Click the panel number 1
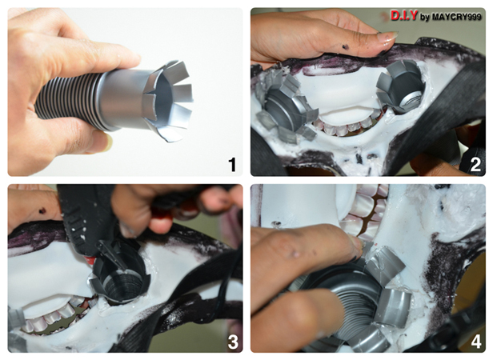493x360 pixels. tap(232, 165)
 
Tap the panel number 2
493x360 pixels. tap(475, 165)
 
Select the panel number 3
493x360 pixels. tap(233, 342)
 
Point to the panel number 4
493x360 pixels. tap(475, 342)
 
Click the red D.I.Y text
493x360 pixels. tap(404, 15)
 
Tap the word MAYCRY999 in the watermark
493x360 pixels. tap(456, 16)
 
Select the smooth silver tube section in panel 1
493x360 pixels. tap(123, 100)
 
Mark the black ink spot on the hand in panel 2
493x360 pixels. tap(346, 47)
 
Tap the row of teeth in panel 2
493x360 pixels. tap(349, 124)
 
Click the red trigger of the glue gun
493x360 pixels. tap(90, 260)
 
